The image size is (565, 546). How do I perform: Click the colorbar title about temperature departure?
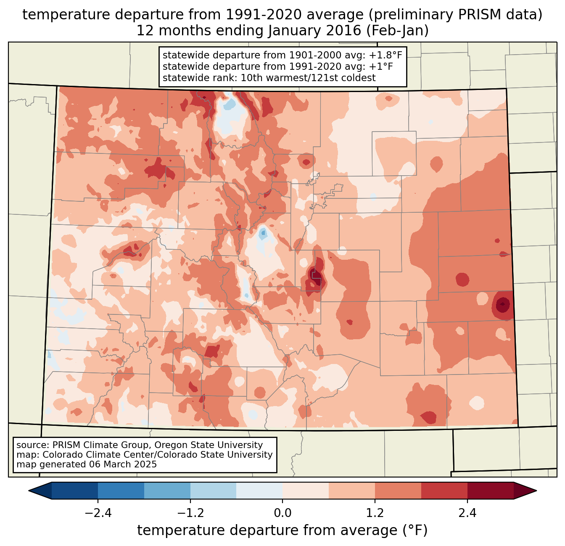pos(282,530)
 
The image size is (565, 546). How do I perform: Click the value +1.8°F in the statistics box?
pos(386,55)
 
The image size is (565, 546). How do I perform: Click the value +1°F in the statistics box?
pos(381,67)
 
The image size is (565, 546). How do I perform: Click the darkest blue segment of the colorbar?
pos(75,491)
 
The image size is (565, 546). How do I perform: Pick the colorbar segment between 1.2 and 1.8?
pos(398,491)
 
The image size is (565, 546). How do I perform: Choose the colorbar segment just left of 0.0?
pos(259,491)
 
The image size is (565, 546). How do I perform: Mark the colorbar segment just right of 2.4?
pos(490,491)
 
